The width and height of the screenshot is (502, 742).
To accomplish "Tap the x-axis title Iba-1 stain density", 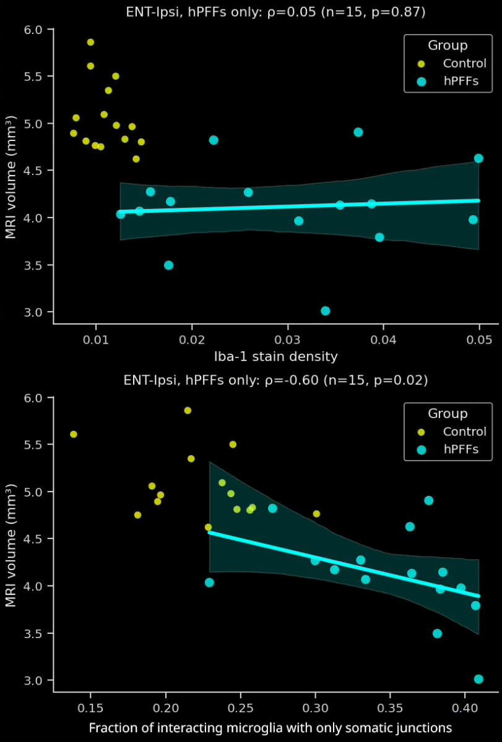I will point(276,356).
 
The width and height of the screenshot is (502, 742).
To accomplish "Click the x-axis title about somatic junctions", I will point(270,727).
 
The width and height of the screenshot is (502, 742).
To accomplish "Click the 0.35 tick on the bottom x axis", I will point(390,707).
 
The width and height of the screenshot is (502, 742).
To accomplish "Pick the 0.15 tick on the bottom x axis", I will point(91,707).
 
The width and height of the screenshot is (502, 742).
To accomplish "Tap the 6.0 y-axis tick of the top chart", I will point(35,30).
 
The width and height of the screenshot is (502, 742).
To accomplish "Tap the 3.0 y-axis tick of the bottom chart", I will point(35,680).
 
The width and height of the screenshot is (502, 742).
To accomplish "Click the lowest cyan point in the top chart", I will point(326,311).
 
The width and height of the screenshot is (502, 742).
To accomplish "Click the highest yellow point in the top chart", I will point(90,42).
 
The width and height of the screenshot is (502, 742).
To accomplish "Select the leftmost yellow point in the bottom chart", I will point(74,434).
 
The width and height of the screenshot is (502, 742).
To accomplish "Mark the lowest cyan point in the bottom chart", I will point(478,679).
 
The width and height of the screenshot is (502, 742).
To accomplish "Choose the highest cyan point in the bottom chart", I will point(428,500).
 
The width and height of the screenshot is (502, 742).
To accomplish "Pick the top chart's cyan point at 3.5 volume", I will point(168,265).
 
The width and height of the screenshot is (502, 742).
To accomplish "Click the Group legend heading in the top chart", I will point(448,45).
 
